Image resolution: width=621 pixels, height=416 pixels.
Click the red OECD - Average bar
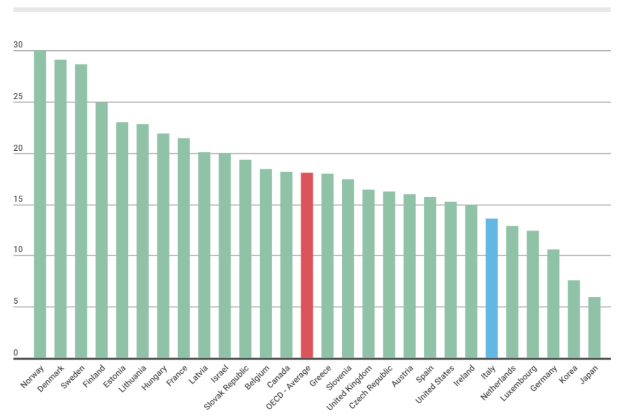[x=307, y=265]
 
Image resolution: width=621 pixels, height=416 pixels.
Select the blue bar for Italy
[x=492, y=288]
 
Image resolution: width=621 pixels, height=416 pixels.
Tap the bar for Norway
[x=40, y=204]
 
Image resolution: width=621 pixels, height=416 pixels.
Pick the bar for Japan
[x=594, y=328]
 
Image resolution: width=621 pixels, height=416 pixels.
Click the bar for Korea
[x=574, y=319]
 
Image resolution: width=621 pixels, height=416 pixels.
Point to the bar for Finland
[x=101, y=230]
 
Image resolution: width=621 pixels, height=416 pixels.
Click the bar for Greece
[x=327, y=266]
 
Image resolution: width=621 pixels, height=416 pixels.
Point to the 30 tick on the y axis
[x=18, y=45]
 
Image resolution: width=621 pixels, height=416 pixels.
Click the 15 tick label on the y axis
[x=18, y=200]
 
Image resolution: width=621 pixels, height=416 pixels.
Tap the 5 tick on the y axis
[x=16, y=302]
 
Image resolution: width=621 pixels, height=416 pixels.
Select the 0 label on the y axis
[x=16, y=353]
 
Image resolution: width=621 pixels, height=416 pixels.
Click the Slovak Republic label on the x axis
[x=227, y=385]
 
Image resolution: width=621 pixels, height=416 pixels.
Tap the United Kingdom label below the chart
[x=350, y=386]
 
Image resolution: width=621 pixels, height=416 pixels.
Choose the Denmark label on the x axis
[x=52, y=378]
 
